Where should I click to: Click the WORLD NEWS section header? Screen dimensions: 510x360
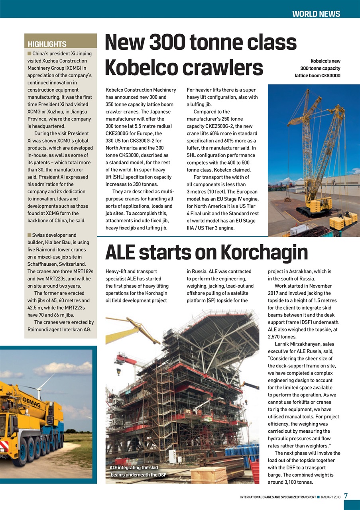pyautogui.click(x=316, y=14)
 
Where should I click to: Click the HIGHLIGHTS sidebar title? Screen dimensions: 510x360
pyautogui.click(x=47, y=44)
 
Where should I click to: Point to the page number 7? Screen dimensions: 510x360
pyautogui.click(x=346, y=496)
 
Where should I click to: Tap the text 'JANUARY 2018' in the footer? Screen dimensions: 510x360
pyautogui.click(x=330, y=497)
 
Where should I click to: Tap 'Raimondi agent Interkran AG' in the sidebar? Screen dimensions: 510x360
pyautogui.click(x=59, y=330)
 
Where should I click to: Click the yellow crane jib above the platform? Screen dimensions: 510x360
pyautogui.click(x=132, y=330)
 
